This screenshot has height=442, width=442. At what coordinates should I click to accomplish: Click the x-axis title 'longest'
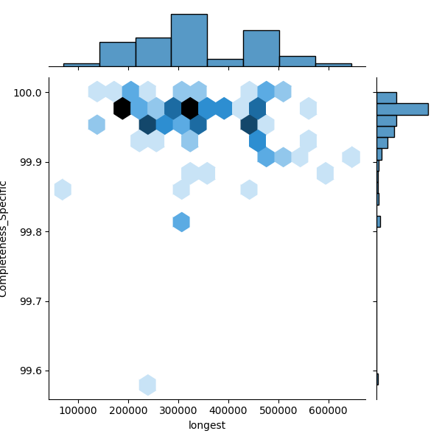[207, 425]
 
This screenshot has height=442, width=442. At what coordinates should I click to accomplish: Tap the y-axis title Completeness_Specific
[4, 239]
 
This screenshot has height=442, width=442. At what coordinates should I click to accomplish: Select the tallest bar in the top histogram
[189, 41]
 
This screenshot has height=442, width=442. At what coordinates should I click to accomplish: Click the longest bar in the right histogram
[402, 109]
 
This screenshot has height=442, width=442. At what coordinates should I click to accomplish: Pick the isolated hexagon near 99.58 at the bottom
[147, 385]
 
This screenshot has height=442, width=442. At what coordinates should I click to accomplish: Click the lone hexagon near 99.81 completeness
[181, 222]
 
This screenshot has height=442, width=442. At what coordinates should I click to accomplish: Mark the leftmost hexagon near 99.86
[63, 189]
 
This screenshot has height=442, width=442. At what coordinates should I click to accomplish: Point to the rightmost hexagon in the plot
[351, 157]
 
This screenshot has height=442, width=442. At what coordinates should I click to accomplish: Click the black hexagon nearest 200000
[122, 108]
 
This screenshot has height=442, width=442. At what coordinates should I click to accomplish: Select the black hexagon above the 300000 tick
[190, 108]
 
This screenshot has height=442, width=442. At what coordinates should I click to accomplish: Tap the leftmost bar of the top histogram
[81, 66]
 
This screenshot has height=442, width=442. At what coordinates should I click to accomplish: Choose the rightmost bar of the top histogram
[333, 66]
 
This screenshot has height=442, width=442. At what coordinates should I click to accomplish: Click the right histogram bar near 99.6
[377, 379]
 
